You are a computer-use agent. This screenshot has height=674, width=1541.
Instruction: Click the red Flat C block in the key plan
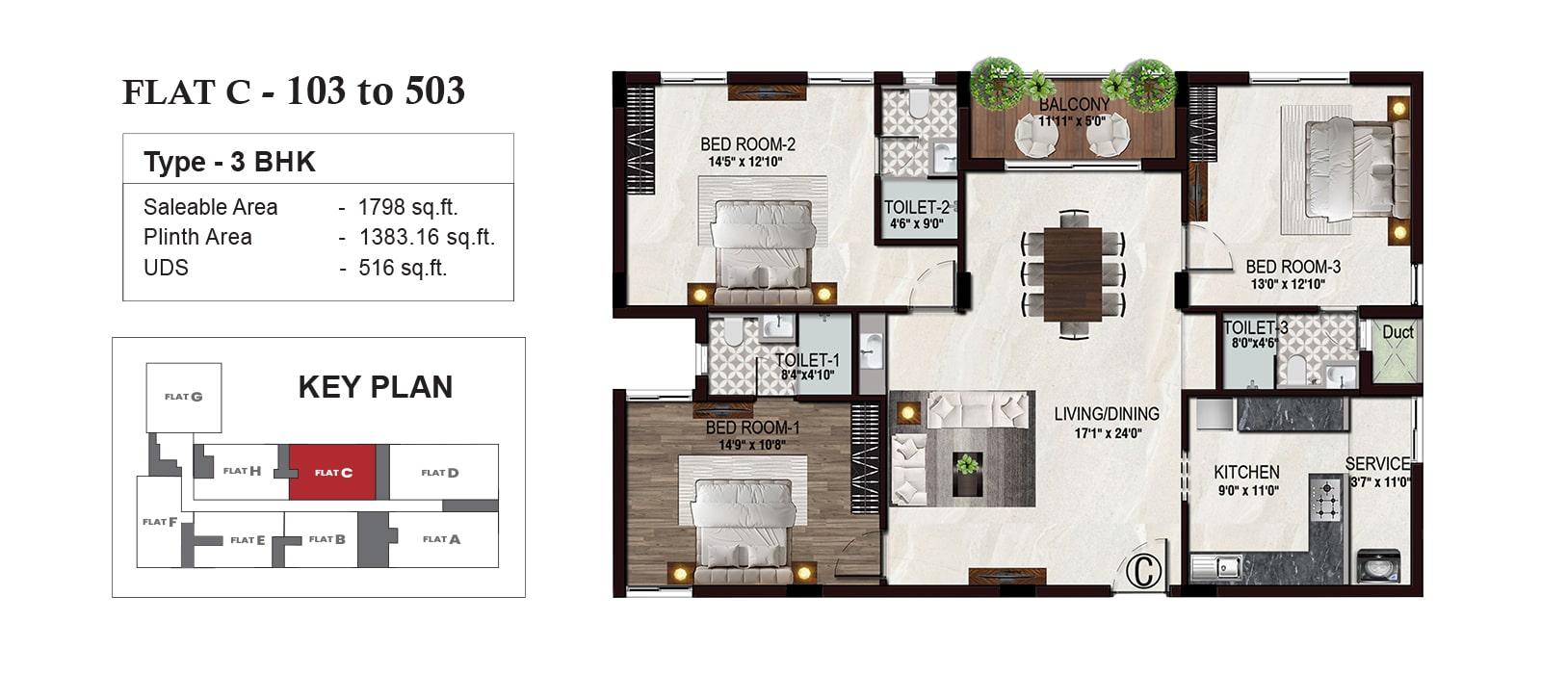pos(332,472)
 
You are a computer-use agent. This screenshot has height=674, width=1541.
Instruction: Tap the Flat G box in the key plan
pos(184,398)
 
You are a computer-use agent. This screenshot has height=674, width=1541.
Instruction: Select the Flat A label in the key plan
pos(442,539)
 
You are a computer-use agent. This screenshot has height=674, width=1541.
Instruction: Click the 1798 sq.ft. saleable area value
pos(408,207)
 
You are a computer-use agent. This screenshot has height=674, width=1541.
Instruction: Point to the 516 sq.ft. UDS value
pos(403,268)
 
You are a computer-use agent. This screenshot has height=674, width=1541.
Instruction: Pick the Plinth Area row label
pos(197,237)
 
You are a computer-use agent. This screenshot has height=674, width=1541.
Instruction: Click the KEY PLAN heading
pos(376,387)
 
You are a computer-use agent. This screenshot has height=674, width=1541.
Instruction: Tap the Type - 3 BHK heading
pos(230,163)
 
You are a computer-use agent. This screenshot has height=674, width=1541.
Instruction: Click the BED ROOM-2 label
pos(747,144)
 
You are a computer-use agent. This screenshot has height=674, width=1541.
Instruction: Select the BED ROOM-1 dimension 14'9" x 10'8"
pos(752,445)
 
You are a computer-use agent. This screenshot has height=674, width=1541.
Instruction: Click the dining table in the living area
pos(1073,273)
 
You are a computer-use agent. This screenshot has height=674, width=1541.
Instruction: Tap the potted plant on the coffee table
pos(967,466)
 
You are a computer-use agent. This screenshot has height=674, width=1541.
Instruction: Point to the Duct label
pos(1397,333)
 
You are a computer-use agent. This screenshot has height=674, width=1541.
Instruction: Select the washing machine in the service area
pos(1379,567)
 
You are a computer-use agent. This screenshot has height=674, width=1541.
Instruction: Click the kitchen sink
pos(1216,567)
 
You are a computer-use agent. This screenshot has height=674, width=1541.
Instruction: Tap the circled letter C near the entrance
pos(1144,570)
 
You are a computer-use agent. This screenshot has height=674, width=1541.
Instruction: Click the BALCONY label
pos(1074,105)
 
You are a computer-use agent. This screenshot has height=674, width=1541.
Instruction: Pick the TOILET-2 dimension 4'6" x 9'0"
pos(916,224)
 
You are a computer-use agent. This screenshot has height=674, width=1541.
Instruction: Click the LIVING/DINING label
pos(1107,414)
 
